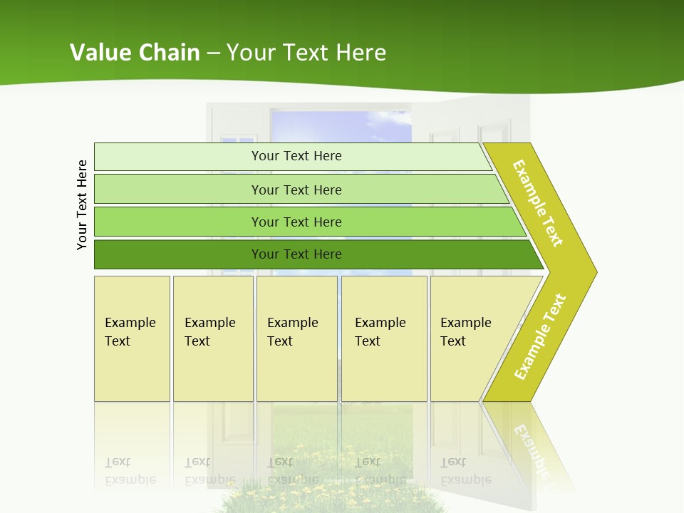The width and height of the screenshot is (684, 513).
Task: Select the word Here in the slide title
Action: coord(361,52)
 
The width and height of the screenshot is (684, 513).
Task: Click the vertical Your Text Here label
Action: coord(82,204)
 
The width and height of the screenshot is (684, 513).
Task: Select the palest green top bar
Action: coord(296,156)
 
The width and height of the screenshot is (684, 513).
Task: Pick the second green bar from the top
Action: coord(296,190)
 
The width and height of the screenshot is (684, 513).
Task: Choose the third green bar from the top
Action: coord(296,222)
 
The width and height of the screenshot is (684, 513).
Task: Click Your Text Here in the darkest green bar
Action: coord(296,254)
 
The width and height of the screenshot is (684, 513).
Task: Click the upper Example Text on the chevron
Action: coord(538,203)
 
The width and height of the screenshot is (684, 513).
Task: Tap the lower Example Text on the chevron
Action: coord(540,336)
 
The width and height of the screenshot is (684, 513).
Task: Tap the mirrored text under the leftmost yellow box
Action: coord(130,472)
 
